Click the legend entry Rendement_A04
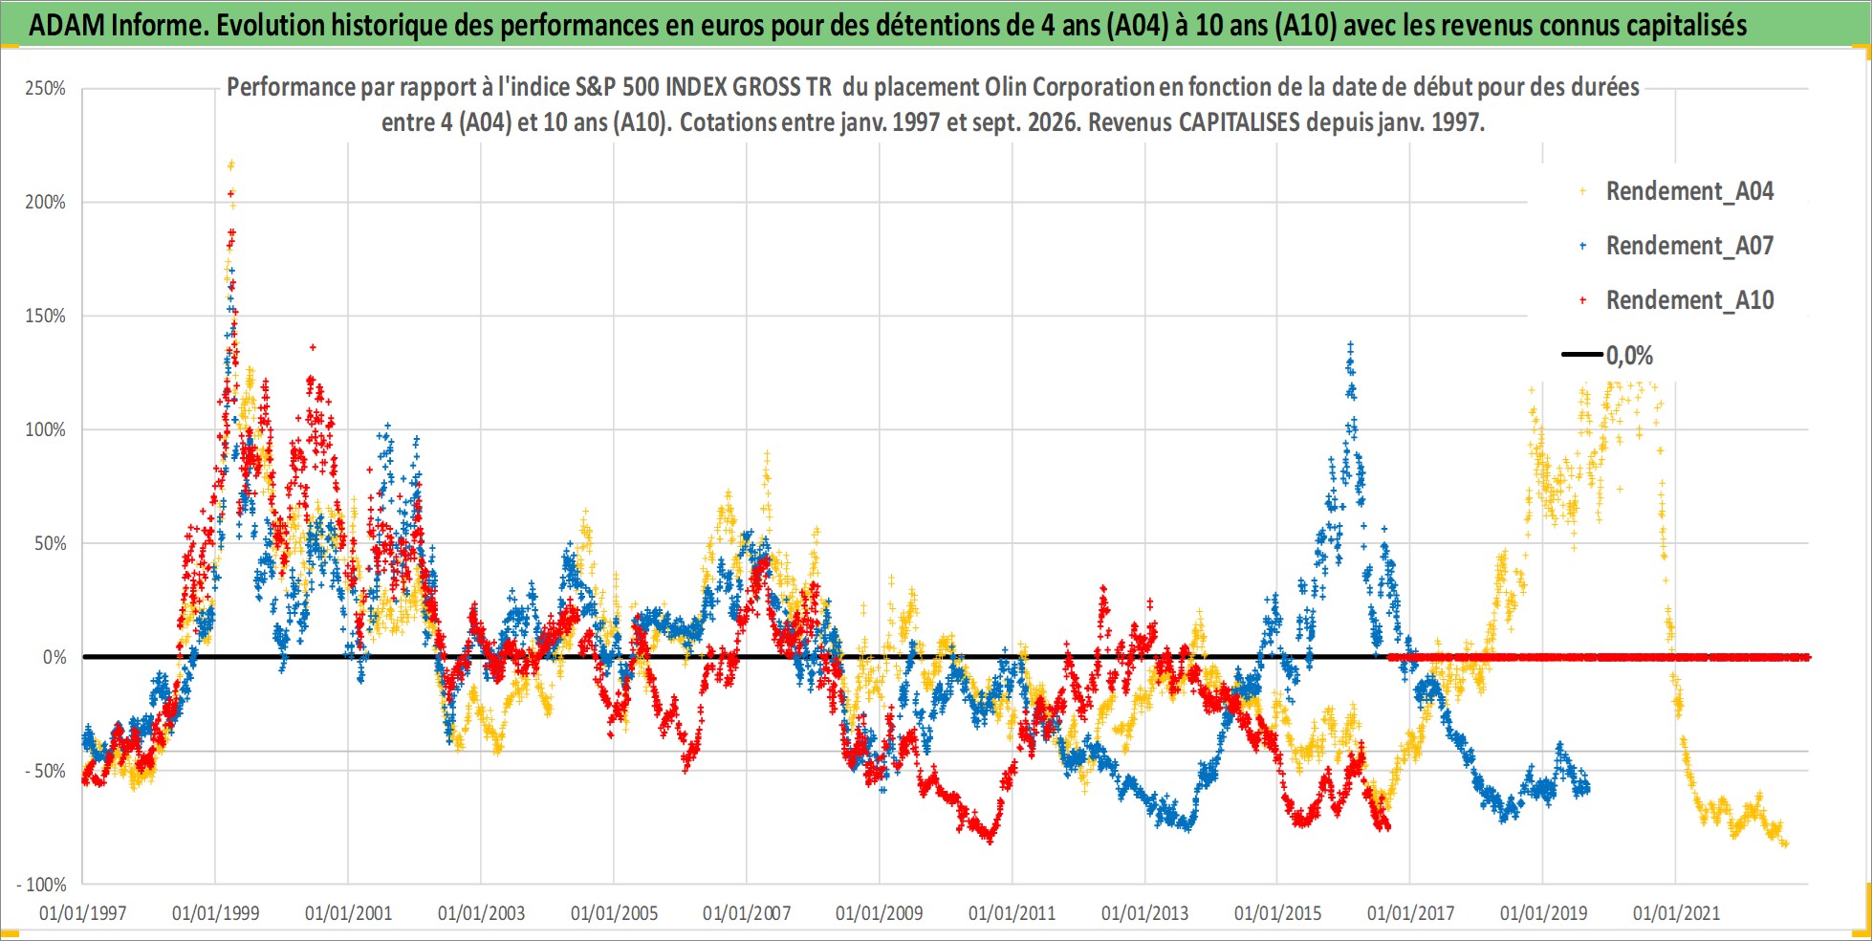click(x=1678, y=191)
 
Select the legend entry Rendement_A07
click(x=1678, y=246)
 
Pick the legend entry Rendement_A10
click(x=1678, y=300)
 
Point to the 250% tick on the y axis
click(x=45, y=89)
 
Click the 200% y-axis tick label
click(x=45, y=202)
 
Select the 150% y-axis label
click(x=45, y=316)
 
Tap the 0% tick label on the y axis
click(x=54, y=657)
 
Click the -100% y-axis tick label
click(x=42, y=885)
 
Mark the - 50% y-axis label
click(x=45, y=771)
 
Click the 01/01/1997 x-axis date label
click(x=82, y=913)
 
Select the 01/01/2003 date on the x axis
click(x=481, y=913)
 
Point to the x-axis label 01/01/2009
click(x=880, y=913)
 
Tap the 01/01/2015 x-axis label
click(x=1277, y=913)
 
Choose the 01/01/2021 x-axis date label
click(x=1676, y=913)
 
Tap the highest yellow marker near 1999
click(x=230, y=164)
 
